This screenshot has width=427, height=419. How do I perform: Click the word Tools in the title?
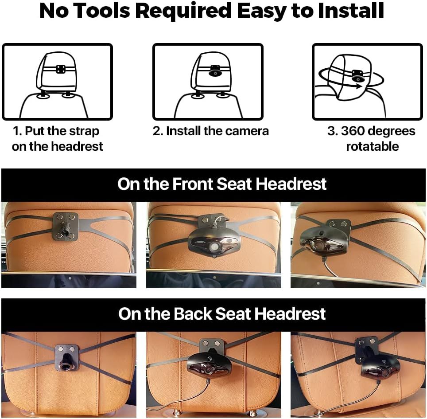[102, 11]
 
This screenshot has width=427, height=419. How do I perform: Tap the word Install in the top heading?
[351, 11]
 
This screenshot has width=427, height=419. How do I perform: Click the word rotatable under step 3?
[372, 147]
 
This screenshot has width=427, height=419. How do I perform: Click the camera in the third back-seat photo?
[380, 368]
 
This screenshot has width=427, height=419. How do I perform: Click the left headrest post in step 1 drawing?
[43, 95]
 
